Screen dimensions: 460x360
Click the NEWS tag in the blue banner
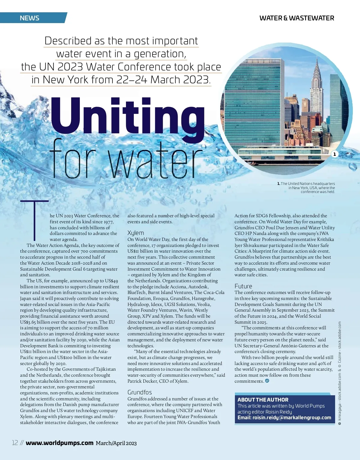[29, 18]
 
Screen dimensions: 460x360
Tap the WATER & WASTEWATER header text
[296, 18]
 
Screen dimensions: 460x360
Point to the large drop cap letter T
[35, 220]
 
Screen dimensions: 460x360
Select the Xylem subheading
[136, 233]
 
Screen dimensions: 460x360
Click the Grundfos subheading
[139, 392]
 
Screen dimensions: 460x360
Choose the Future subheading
[243, 286]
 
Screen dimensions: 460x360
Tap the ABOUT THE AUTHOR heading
[263, 400]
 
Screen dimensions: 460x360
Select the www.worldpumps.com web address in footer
[60, 443]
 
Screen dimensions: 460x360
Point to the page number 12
[15, 443]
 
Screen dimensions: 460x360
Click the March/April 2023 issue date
[116, 443]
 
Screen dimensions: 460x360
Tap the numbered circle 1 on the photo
[334, 154]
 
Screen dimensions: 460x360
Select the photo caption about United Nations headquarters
[307, 188]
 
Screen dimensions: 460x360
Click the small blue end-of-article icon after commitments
[267, 381]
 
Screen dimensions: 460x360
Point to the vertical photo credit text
[340, 373]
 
